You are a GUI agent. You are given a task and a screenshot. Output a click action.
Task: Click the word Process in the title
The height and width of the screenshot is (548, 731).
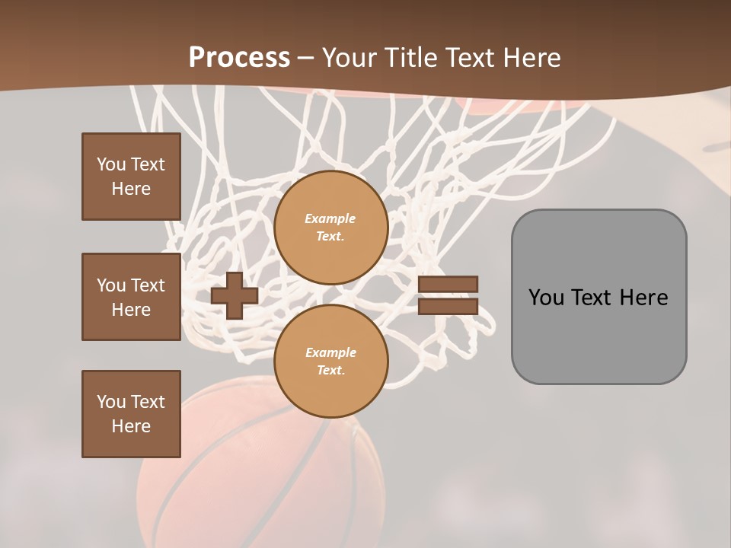click(x=239, y=58)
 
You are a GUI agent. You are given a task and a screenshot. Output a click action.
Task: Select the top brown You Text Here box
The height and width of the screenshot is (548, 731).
click(x=131, y=177)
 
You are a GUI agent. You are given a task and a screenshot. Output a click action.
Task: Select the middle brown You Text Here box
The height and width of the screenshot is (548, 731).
click(x=131, y=297)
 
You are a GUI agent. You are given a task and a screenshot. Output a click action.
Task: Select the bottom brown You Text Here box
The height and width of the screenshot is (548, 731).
click(x=131, y=414)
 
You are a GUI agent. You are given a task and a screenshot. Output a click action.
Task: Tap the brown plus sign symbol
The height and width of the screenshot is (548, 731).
click(x=234, y=295)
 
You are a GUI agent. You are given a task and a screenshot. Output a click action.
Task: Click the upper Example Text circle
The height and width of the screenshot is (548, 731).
click(x=330, y=228)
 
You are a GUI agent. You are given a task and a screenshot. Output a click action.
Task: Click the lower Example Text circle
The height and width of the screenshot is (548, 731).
click(x=330, y=362)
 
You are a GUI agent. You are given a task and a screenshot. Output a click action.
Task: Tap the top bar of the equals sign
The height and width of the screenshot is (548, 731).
click(x=448, y=284)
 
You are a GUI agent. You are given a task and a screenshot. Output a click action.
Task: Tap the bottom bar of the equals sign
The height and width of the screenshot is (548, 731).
click(x=448, y=306)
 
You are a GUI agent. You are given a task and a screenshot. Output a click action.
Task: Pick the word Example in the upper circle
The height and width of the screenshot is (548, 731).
click(x=330, y=219)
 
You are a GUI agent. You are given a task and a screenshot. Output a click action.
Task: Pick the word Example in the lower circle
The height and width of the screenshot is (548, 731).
click(x=330, y=353)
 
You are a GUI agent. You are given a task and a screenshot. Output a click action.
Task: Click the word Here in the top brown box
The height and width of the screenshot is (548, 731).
click(x=131, y=189)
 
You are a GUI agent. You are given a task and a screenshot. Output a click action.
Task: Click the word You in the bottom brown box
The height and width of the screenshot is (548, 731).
click(x=111, y=402)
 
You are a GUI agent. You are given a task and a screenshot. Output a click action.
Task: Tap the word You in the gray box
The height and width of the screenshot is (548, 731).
click(x=546, y=298)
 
